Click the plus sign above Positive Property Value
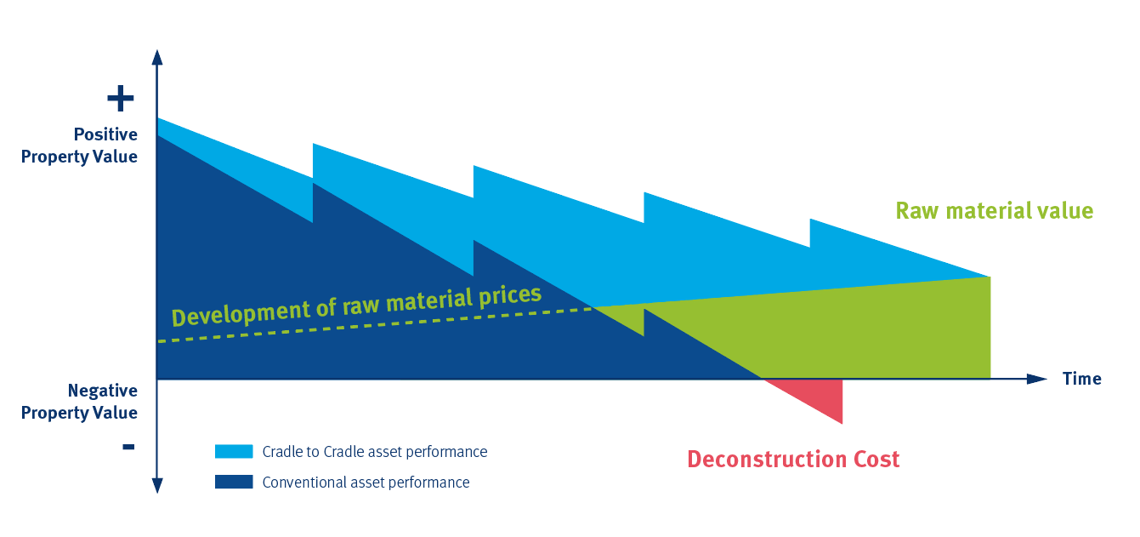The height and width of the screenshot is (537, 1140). click(121, 99)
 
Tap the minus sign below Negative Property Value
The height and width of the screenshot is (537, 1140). click(128, 447)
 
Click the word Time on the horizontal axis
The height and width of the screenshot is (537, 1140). click(1082, 379)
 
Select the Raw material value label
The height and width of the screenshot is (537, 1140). click(995, 211)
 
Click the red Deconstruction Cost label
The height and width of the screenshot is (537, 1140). click(793, 459)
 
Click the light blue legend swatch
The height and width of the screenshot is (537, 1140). click(234, 451)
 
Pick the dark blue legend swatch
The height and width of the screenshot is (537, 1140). click(234, 482)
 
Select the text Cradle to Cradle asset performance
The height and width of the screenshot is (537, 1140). click(375, 452)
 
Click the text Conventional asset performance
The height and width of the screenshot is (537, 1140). click(366, 483)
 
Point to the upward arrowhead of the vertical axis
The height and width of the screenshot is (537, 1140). click(157, 57)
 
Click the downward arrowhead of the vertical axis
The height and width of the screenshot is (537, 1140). click(157, 486)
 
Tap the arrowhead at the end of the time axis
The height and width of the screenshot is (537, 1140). click(1036, 379)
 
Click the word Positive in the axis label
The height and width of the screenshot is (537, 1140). click(105, 134)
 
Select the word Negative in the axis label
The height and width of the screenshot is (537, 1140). click(102, 391)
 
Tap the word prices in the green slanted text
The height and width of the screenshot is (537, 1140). click(510, 296)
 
